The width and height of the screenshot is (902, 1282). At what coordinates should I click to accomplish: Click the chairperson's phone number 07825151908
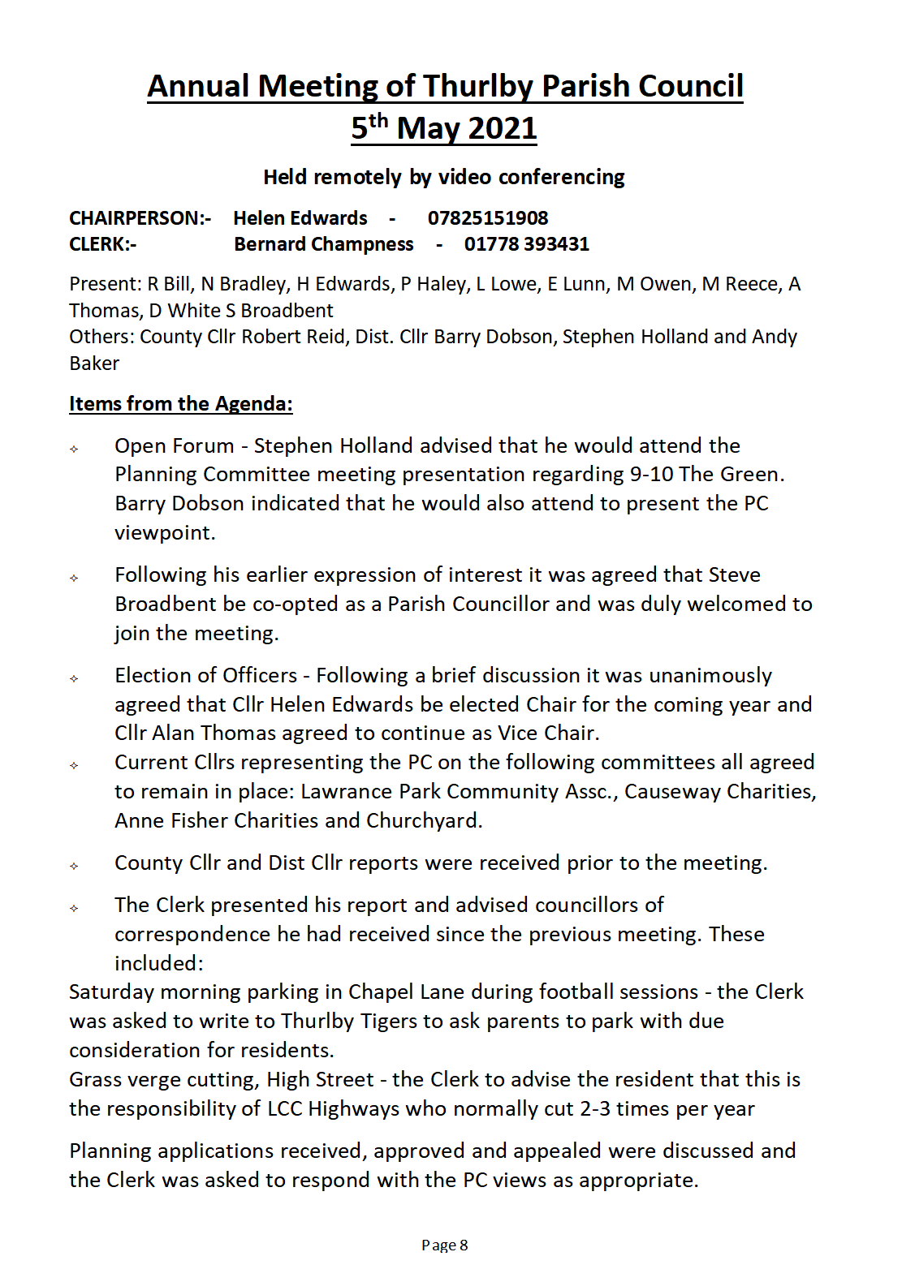pyautogui.click(x=488, y=218)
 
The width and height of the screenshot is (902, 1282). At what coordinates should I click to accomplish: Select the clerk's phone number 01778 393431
pyautogui.click(x=526, y=244)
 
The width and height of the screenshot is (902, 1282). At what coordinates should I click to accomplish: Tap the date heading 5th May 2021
pyautogui.click(x=444, y=128)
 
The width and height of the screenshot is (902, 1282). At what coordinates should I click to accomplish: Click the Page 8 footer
pyautogui.click(x=445, y=1245)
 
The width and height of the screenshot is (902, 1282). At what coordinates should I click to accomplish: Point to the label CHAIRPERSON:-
pyautogui.click(x=140, y=218)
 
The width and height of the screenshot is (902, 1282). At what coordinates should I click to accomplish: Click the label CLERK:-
pyautogui.click(x=102, y=244)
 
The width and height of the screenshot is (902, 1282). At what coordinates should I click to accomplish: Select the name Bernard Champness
pyautogui.click(x=323, y=244)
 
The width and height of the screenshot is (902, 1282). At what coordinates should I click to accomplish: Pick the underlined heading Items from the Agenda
pyautogui.click(x=180, y=404)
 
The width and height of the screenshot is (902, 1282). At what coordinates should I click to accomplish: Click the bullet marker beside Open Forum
pyautogui.click(x=74, y=449)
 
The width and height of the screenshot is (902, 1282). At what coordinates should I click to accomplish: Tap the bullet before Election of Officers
pyautogui.click(x=74, y=678)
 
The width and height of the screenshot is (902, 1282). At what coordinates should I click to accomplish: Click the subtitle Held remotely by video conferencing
pyautogui.click(x=444, y=177)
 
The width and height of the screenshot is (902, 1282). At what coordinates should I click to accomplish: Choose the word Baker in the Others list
pyautogui.click(x=94, y=364)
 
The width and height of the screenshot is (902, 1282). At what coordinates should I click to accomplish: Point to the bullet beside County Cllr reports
pyautogui.click(x=74, y=866)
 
